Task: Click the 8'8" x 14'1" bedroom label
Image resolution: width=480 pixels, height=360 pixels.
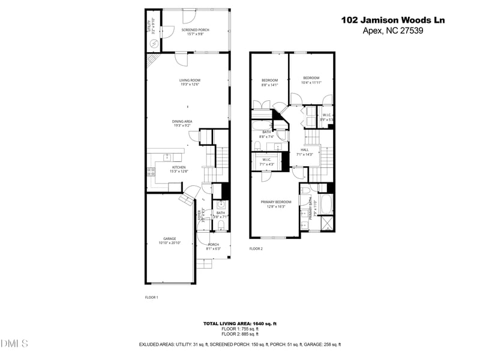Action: point(269,82)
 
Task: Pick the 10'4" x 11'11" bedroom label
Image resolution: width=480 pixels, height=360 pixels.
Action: point(311,80)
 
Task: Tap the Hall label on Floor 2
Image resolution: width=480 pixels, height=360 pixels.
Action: point(304,152)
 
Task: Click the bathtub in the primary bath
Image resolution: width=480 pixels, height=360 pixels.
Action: point(326,204)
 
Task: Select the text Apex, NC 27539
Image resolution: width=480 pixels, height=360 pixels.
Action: point(393,31)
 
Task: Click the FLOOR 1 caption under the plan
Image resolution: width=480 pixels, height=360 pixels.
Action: point(151,297)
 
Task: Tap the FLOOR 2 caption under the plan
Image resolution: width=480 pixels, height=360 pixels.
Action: point(256,248)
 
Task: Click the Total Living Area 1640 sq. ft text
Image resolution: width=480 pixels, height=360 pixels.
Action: point(240,324)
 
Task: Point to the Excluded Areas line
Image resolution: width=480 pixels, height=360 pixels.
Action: point(240,344)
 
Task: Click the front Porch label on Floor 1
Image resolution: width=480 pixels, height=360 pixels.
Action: point(214,246)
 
